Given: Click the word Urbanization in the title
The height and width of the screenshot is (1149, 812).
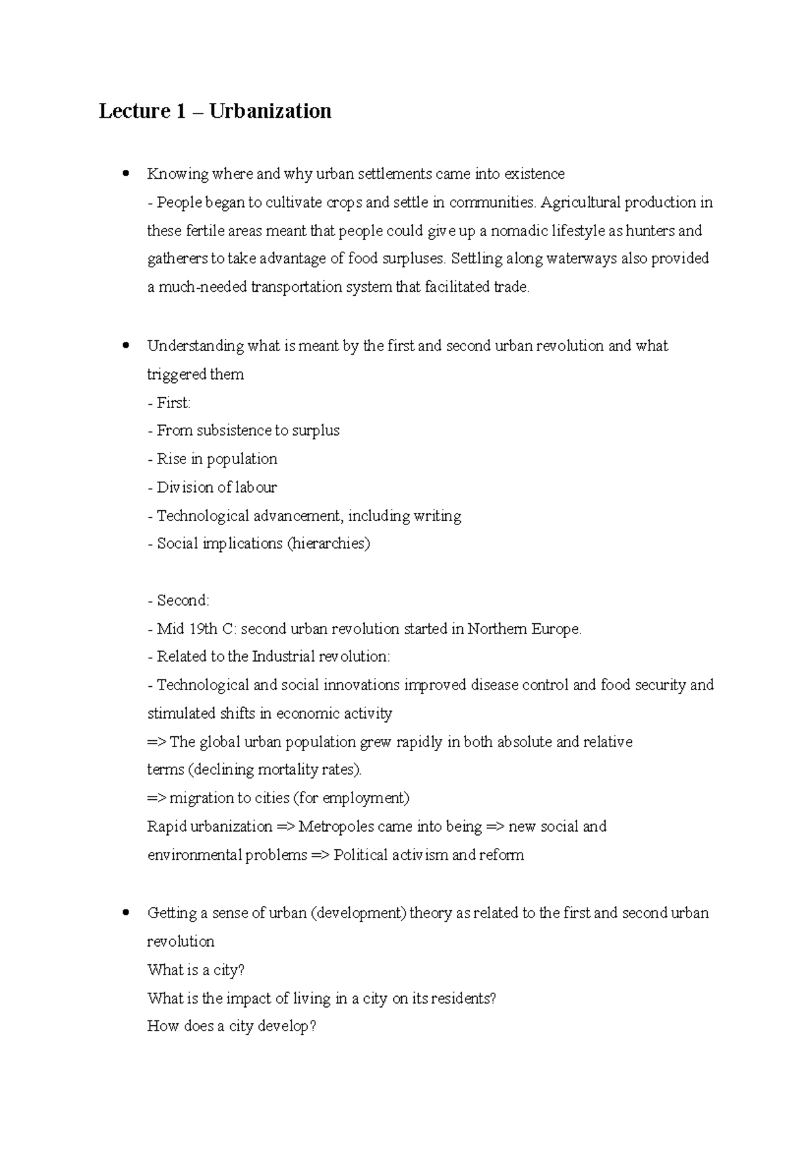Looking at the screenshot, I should click(270, 111).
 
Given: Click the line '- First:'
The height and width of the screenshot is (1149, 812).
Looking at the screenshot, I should click(169, 403).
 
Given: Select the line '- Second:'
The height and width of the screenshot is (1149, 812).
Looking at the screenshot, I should click(179, 600).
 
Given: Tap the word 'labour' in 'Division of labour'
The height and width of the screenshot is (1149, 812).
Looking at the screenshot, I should click(256, 487).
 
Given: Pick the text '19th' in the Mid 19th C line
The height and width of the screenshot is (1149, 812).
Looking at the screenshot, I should click(203, 629).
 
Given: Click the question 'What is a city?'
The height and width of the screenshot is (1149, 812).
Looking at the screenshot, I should click(196, 970).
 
